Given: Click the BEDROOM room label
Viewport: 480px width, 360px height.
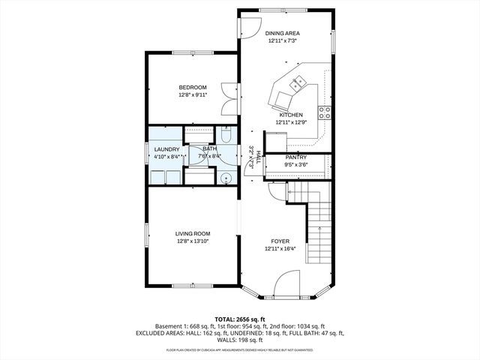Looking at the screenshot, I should coord(193,88).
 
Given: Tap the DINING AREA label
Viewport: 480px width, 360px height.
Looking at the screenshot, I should coord(283,34).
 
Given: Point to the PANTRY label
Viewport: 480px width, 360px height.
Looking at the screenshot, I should coord(295,157).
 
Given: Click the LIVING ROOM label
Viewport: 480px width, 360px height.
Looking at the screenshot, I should coord(193,234).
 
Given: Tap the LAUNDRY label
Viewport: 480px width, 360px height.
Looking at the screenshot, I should coord(166,149).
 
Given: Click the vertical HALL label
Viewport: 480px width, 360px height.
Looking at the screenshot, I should coord(258,157).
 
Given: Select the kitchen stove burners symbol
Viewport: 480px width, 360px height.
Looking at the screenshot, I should coord(325,113).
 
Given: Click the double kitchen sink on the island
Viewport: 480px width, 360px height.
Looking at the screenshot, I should coord(299,82).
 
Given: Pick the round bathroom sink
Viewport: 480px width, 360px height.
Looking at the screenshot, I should coord(226,178).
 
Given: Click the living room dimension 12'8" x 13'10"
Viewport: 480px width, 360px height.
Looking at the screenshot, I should coord(193,241).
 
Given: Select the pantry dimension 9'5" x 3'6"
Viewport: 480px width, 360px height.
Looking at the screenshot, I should coord(295,164).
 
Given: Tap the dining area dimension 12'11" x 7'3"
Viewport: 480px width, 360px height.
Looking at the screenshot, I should coord(283,41).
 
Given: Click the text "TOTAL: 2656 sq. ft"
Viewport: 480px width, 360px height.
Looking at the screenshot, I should coord(240,319).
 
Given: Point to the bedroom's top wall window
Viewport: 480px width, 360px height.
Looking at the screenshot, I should coord(184,52).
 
